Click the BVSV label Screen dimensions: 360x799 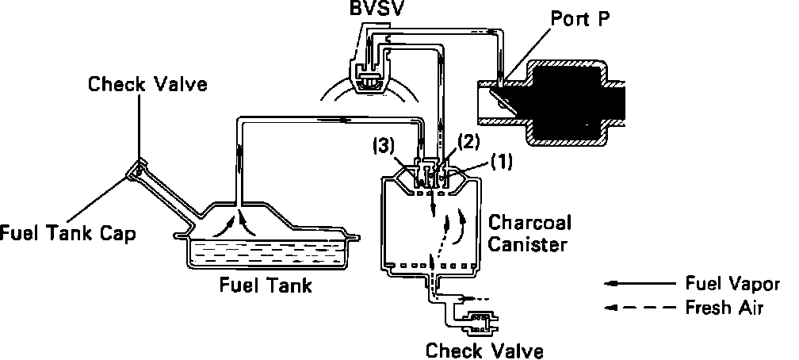tap(377, 12)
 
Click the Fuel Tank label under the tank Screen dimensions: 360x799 tap(265, 285)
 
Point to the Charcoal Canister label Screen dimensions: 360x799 tap(528, 232)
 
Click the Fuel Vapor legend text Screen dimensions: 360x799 tap(732, 284)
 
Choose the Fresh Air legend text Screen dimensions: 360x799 tap(724, 308)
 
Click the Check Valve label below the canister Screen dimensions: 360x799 tap(484, 350)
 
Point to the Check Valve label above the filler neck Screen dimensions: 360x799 tap(147, 83)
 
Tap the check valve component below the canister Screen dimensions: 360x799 tap(478, 321)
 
